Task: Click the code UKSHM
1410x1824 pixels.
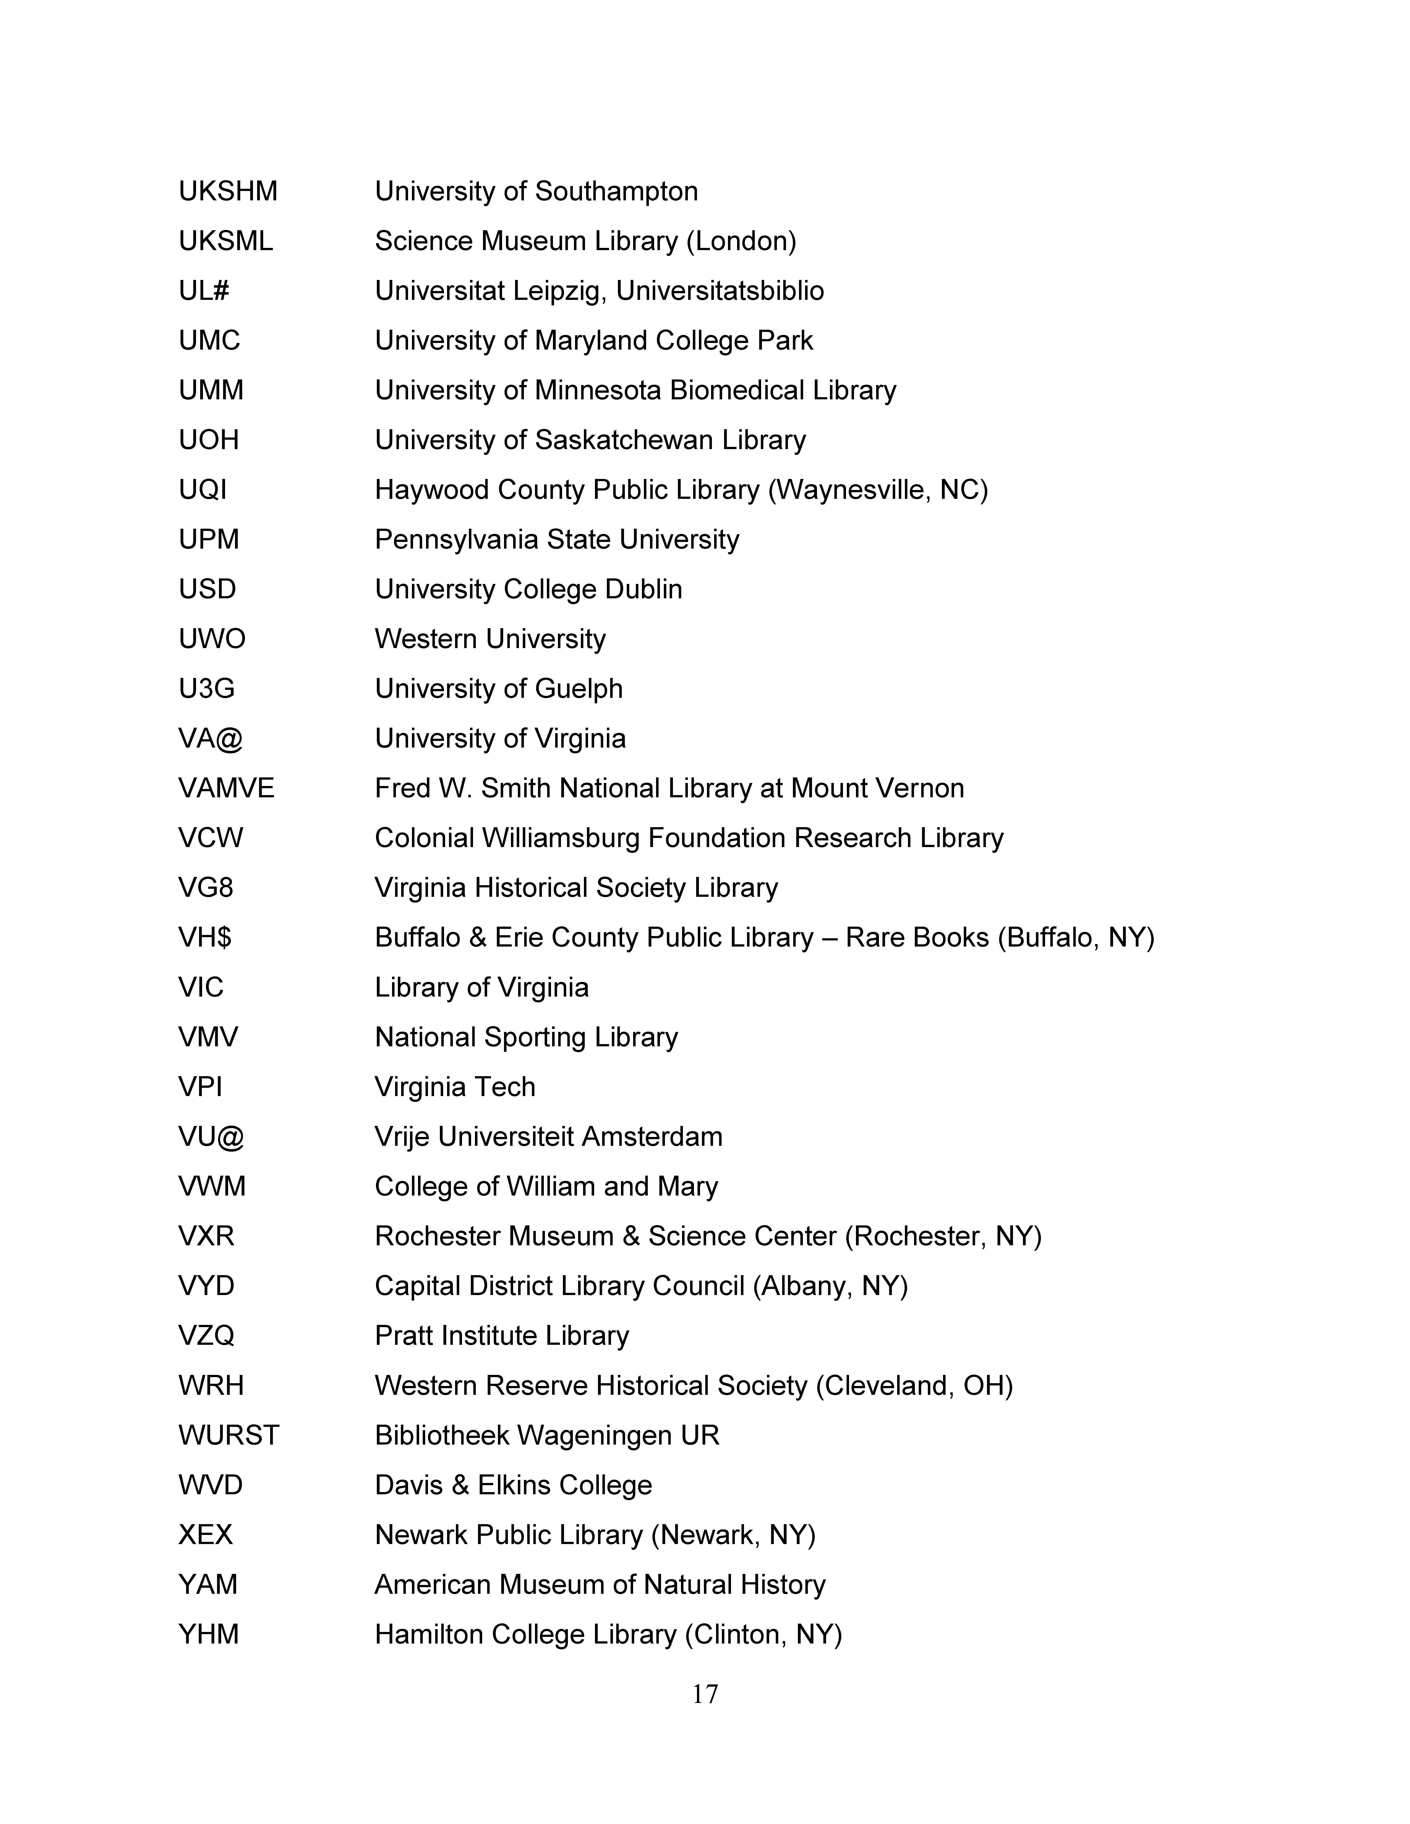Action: click(228, 191)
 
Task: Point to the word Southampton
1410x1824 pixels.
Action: click(617, 191)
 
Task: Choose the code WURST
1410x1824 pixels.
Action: click(229, 1435)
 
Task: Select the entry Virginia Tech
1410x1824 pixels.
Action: click(455, 1087)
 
